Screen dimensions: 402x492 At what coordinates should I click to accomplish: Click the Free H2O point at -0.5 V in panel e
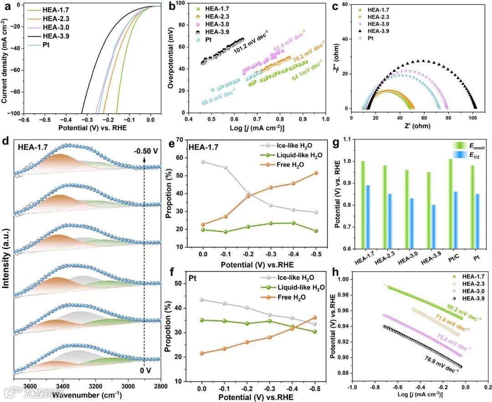(316, 173)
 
